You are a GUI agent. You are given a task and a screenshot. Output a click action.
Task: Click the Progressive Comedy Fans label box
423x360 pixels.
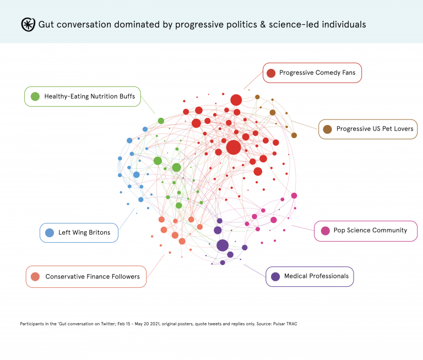click(312, 73)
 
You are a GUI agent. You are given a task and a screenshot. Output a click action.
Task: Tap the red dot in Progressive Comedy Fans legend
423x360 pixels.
click(270, 73)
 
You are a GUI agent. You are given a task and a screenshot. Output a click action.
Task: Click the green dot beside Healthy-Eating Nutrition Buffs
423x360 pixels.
click(35, 96)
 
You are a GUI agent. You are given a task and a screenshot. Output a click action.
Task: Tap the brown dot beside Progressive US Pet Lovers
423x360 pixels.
click(327, 129)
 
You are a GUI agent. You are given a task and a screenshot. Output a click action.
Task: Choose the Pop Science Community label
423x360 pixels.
click(370, 230)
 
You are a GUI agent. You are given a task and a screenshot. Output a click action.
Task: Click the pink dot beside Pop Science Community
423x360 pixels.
click(325, 231)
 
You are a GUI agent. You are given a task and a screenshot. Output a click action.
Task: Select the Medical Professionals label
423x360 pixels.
click(316, 276)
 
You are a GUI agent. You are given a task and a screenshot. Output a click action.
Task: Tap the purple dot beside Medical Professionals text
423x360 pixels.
click(275, 276)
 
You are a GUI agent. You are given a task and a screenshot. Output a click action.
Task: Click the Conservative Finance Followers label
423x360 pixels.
click(92, 276)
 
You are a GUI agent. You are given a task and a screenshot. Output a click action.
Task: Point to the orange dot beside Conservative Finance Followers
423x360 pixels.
click(35, 276)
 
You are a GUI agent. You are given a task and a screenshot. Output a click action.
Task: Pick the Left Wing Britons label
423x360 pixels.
click(84, 232)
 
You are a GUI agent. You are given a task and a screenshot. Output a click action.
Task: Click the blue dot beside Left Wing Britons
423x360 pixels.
click(49, 232)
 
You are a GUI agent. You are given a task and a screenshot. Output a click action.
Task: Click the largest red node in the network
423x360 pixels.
click(234, 147)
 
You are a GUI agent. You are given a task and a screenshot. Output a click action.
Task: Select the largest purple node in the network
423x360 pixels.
click(223, 246)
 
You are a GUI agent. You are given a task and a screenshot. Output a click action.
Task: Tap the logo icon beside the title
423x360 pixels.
click(28, 24)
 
